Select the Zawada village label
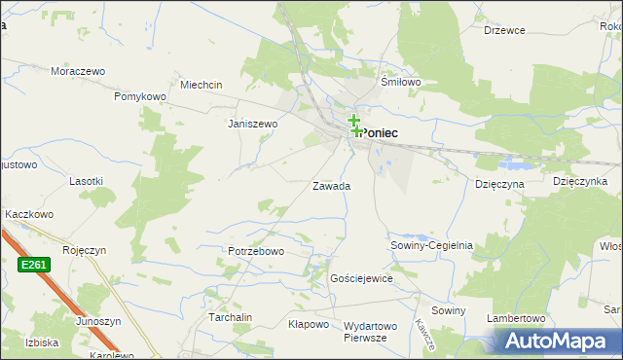(x=331, y=186)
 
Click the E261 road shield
(x=32, y=265)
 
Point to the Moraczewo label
(x=78, y=72)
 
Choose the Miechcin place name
(x=200, y=85)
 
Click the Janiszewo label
(x=252, y=125)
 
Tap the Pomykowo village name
(x=141, y=97)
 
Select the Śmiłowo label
(x=401, y=83)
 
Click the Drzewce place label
(x=504, y=30)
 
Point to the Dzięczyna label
(x=499, y=183)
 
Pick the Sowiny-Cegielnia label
(x=431, y=246)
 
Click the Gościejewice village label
(x=361, y=278)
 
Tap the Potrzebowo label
(x=255, y=252)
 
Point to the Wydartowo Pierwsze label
(x=372, y=332)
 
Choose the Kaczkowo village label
(x=28, y=214)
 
